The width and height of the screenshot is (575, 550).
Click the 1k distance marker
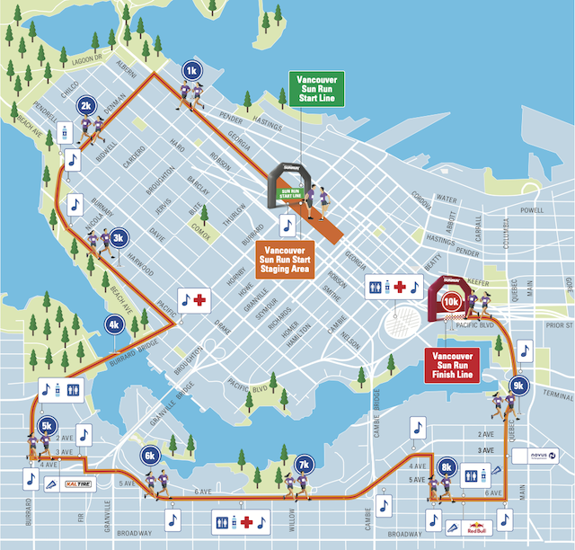190,70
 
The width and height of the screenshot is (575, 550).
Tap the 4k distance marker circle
114,325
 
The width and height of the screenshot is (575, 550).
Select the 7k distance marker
304,465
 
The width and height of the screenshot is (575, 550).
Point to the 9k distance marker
517,386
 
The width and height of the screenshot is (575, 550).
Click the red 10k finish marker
451,304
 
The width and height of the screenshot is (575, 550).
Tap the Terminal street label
558,396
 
